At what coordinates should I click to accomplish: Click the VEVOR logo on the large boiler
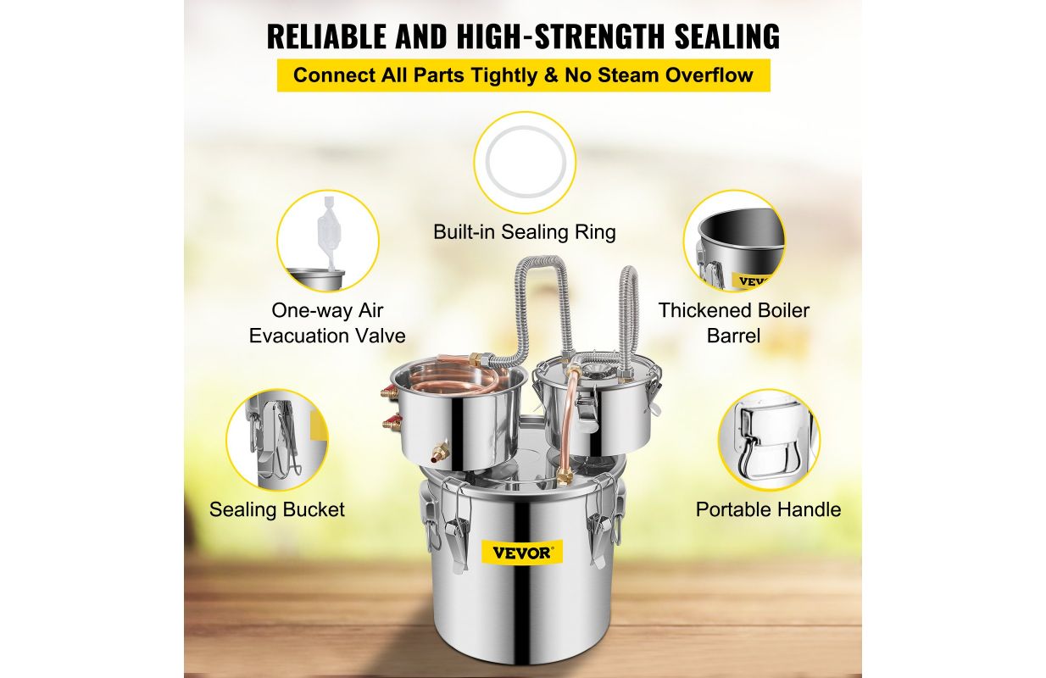coord(521,553)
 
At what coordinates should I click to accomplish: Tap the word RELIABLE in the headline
coord(326,36)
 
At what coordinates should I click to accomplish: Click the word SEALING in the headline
coord(727,36)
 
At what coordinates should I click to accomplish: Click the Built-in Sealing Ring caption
coord(525,232)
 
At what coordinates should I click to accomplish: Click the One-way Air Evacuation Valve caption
coord(327,323)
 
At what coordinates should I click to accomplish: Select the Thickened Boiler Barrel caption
coord(733,323)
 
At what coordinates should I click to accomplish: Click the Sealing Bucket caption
coord(277,509)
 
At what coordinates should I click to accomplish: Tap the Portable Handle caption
coord(768,509)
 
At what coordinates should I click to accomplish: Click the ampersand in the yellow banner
coord(551,75)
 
